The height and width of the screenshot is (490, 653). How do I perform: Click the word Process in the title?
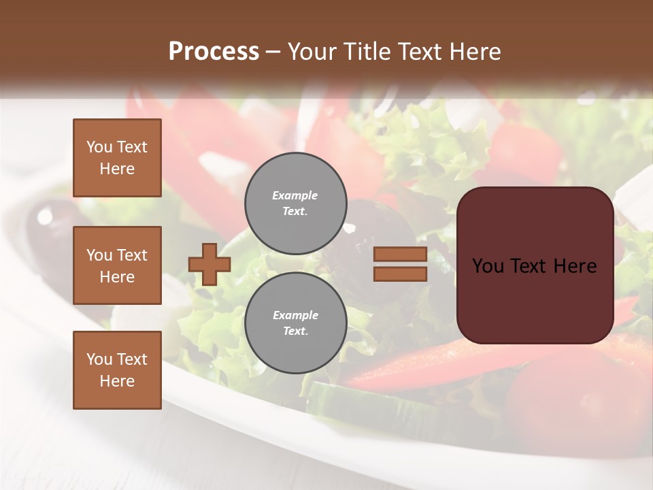pos(214,52)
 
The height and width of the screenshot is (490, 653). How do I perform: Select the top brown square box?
pos(117,158)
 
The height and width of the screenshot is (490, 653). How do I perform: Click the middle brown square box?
pos(117,265)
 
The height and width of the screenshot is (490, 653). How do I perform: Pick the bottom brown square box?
pos(117,370)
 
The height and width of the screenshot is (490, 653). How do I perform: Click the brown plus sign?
pos(209,264)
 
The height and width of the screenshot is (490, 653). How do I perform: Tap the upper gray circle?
pos(295,203)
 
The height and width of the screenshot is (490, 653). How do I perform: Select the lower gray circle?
pos(295,323)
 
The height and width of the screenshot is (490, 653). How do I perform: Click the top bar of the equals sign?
pos(400,255)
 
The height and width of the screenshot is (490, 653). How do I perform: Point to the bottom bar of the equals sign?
pos(400,274)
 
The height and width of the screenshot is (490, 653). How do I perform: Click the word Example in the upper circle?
pos(295,195)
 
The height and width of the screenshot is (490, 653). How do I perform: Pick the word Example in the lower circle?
pos(295,315)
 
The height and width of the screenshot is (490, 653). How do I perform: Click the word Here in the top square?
pos(117,169)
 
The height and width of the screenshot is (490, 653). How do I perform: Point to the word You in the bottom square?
pos(99,359)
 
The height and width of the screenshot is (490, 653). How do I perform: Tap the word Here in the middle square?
pos(117,277)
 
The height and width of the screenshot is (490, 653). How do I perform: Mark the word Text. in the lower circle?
pos(295,331)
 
